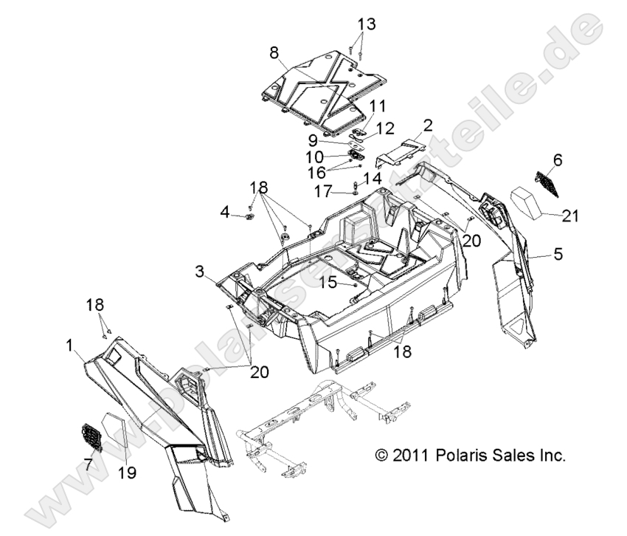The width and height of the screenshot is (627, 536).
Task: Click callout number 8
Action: click(274, 53)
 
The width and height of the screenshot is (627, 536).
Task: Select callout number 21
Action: click(571, 216)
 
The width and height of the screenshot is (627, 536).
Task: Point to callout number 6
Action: click(556, 159)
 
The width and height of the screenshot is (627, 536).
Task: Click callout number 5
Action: click(557, 255)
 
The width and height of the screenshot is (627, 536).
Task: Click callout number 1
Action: click(70, 344)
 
